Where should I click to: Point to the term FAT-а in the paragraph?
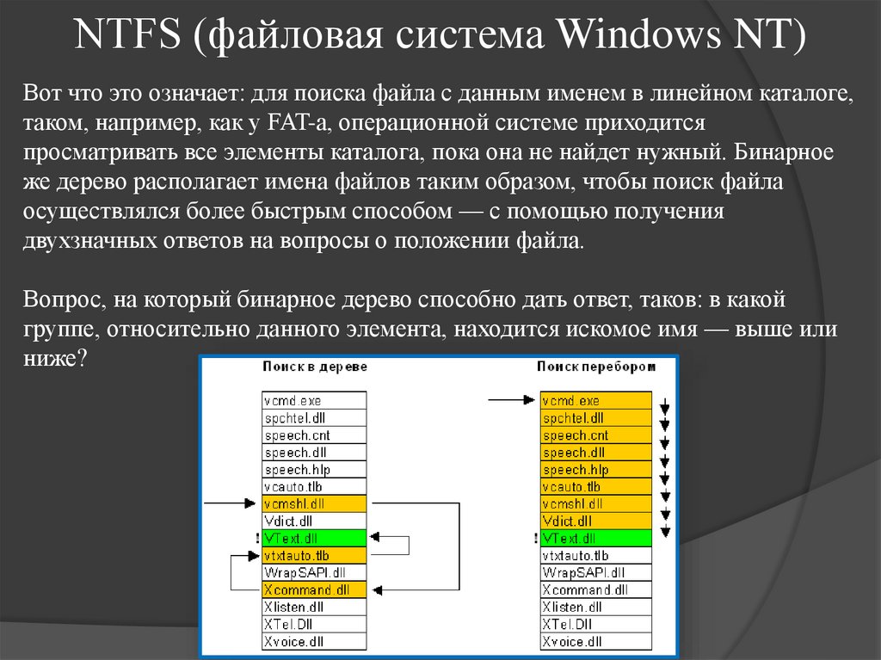pos(288,126)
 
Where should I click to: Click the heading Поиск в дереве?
pos(315,367)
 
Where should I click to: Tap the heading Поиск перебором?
pos(596,367)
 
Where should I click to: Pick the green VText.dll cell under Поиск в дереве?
pos(314,539)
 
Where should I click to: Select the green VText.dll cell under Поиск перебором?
pos(596,539)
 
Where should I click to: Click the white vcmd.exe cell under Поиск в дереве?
pos(314,401)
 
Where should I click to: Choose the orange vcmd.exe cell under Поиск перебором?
pos(596,401)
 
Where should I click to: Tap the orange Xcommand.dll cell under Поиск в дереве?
pos(314,590)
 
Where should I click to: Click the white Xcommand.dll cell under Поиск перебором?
pos(596,590)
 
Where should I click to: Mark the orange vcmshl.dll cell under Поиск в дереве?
pos(314,504)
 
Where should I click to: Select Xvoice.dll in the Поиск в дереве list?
pos(314,642)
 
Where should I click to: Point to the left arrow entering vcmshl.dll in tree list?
pos(231,503)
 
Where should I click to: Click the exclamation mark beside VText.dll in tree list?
pos(257,539)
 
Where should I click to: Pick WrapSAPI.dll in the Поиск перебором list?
pos(596,573)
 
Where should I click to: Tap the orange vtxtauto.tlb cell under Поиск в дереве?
pos(314,556)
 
